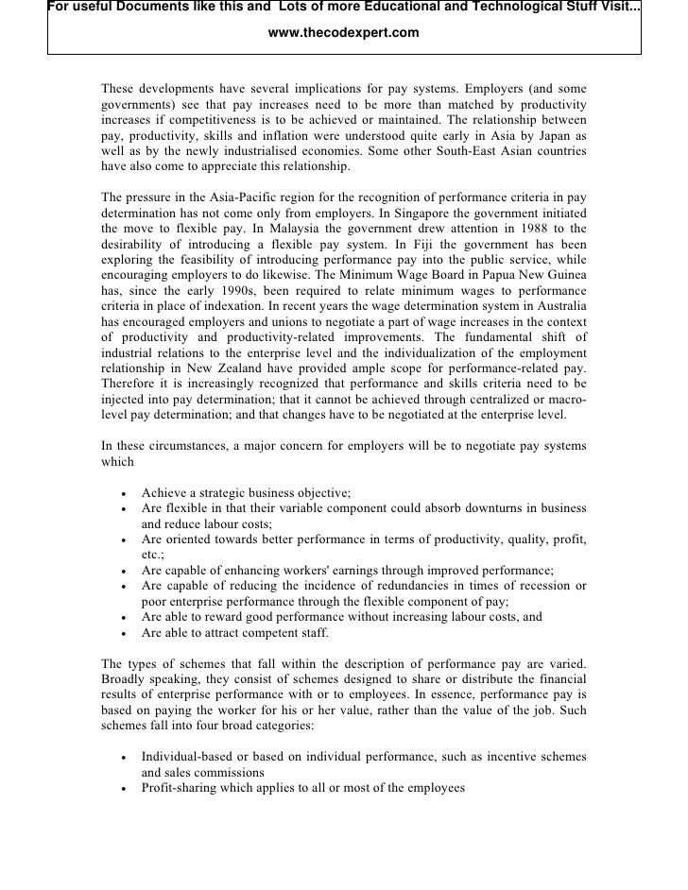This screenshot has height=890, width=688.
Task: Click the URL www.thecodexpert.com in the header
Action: [343, 34]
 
